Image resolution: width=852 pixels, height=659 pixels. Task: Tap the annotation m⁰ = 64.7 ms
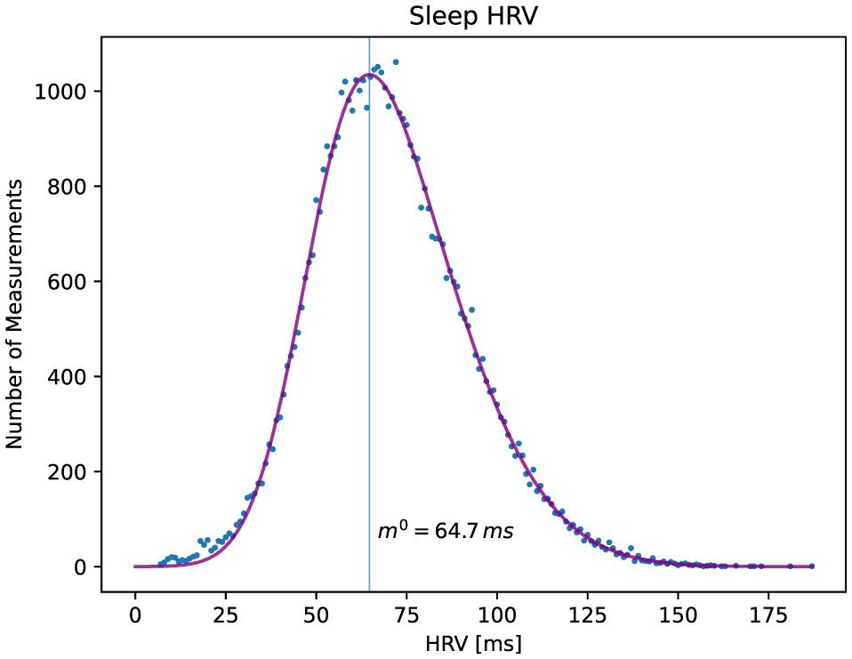click(x=446, y=532)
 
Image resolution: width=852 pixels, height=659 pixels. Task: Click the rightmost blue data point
click(x=812, y=566)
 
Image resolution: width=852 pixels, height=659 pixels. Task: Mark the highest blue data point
click(x=396, y=62)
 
